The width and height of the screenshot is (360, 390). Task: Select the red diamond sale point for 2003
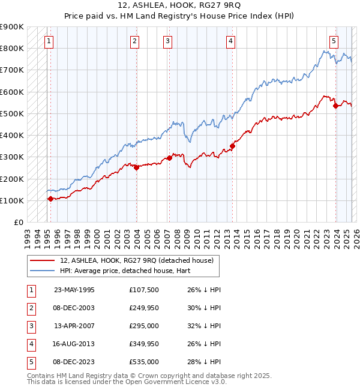pyautogui.click(x=136, y=167)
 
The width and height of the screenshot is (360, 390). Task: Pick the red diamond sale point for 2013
pyautogui.click(x=233, y=146)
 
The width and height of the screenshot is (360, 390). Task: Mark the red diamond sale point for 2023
pyautogui.click(x=335, y=106)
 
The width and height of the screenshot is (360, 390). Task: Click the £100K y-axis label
pyautogui.click(x=12, y=200)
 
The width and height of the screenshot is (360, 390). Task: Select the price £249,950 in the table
pyautogui.click(x=144, y=308)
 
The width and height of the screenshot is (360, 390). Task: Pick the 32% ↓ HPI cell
pyautogui.click(x=204, y=326)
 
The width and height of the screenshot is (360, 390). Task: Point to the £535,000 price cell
pyautogui.click(x=144, y=362)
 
